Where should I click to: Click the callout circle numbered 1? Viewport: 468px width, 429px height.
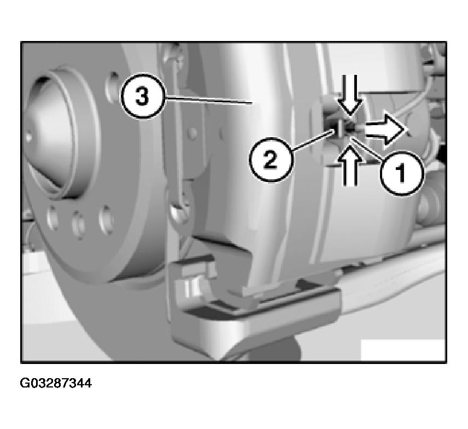coord(402,173)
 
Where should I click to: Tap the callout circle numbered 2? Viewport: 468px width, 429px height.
coord(271,160)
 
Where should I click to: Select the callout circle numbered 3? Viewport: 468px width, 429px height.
coord(143,96)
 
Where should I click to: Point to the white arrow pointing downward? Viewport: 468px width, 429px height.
coord(349,95)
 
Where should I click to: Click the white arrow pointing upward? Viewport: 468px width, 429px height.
coord(349,165)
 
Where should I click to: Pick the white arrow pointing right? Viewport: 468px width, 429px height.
coord(385,130)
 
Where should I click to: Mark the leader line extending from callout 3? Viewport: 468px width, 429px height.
coord(208,100)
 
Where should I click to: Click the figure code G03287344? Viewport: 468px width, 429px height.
coord(56,383)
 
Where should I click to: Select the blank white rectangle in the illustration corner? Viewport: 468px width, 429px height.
coord(403,350)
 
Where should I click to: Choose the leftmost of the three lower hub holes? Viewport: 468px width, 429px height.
coord(53,219)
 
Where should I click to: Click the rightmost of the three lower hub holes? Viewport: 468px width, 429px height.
coord(106,220)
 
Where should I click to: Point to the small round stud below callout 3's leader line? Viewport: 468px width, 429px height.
coord(193,132)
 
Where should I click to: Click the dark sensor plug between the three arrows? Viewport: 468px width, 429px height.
coord(349,129)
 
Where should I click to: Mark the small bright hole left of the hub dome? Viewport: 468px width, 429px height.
coord(28,137)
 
